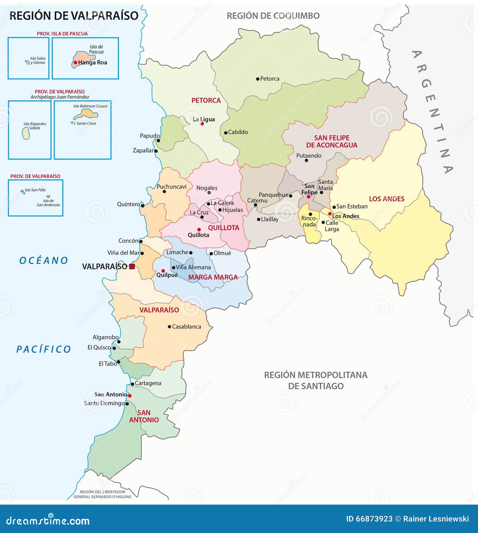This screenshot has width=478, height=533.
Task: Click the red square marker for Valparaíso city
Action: tap(132, 266)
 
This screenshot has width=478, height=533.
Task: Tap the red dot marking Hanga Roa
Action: tap(75, 62)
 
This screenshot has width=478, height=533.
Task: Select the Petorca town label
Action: tap(269, 79)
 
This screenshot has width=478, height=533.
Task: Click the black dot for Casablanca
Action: tap(169, 327)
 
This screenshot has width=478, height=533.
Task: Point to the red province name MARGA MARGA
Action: tap(213, 277)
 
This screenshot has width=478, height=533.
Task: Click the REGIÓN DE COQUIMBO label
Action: tap(273, 16)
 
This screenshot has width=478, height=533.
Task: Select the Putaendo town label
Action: tap(309, 155)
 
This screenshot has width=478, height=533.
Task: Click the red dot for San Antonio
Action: tap(130, 395)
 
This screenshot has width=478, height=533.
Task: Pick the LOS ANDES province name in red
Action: tap(387, 199)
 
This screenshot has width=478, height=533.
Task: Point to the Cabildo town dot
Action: tap(226, 133)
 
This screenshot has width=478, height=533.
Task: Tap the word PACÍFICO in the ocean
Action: tap(44, 349)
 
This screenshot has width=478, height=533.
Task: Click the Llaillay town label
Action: tap(269, 219)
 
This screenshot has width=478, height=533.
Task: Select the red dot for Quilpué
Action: tap(163, 271)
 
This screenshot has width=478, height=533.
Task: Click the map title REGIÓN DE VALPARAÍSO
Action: tap(74, 16)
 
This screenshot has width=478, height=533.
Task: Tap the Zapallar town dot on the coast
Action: tap(156, 151)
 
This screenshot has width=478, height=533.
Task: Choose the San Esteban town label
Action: tap(352, 207)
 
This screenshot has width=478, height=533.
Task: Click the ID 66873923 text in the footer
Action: tap(369, 519)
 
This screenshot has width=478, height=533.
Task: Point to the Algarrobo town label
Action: tap(105, 337)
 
